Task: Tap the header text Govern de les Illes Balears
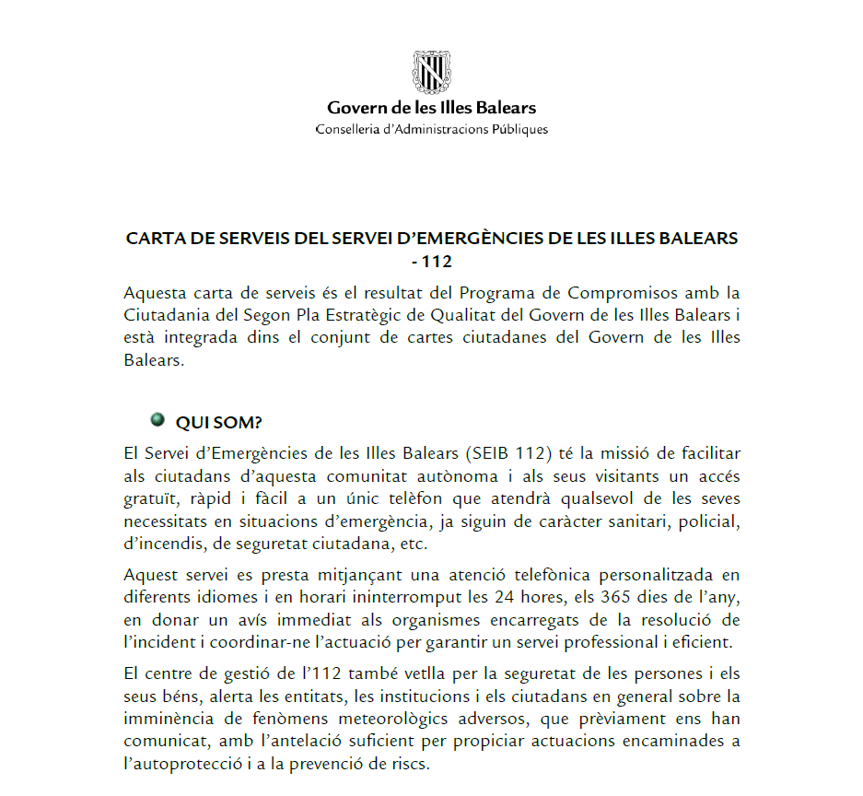431,108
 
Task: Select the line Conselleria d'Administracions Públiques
431,129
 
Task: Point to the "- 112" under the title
431,262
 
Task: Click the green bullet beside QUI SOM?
157,420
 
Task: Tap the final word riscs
411,763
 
